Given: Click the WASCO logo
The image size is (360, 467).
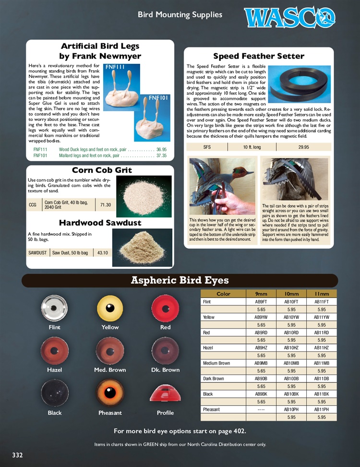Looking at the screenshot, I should (289, 17).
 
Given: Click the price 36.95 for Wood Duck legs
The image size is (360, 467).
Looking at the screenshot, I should (161, 149).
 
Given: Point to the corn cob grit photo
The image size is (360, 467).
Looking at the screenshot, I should (144, 196).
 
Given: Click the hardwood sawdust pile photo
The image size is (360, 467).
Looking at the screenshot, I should (142, 247).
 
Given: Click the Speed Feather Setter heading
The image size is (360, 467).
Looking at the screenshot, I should (258, 56).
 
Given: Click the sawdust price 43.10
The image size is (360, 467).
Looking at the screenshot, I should (103, 253).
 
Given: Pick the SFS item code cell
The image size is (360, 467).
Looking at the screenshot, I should (207, 147).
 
